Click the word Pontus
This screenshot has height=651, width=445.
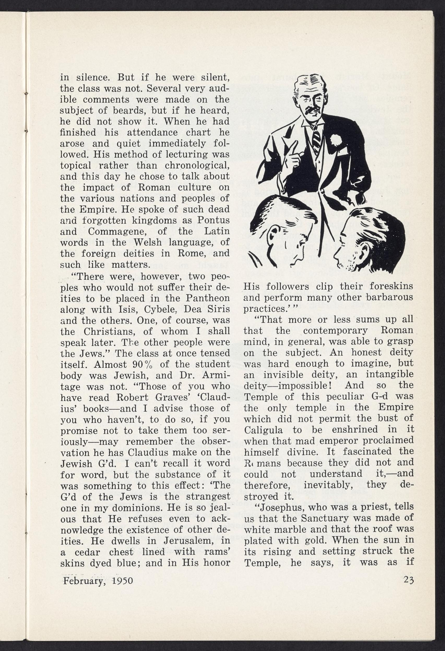(213, 220)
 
